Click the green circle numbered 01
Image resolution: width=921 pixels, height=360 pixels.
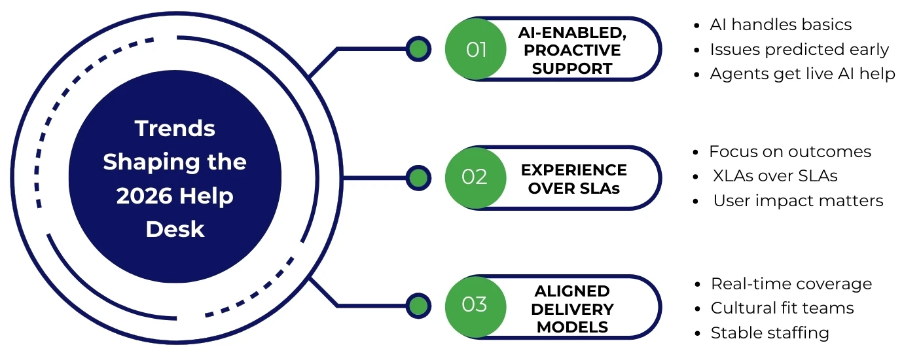click(475, 50)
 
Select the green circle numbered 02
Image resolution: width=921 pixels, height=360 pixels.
click(475, 178)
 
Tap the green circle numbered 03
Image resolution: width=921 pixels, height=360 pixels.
click(475, 306)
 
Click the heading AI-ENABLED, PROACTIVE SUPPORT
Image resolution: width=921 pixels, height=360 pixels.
click(572, 50)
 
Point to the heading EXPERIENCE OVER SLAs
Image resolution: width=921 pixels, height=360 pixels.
click(573, 179)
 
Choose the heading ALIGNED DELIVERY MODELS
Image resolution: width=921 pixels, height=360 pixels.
click(572, 308)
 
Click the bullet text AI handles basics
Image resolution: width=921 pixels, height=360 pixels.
click(780, 25)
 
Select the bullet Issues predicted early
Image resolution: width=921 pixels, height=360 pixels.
click(799, 50)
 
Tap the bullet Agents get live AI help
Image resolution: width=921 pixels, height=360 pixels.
click(802, 74)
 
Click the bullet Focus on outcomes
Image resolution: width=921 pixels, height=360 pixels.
click(790, 152)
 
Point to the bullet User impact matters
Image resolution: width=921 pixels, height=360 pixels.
click(798, 201)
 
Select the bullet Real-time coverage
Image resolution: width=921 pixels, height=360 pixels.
click(791, 283)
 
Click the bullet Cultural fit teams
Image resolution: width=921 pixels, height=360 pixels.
click(782, 308)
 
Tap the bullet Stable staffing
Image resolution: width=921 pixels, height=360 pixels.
click(770, 333)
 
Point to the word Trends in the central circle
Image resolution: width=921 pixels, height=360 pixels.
click(175, 128)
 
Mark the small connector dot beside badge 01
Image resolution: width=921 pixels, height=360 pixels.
click(417, 49)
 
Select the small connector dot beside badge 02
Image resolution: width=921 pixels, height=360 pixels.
click(417, 178)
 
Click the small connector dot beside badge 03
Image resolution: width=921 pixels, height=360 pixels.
click(417, 306)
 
